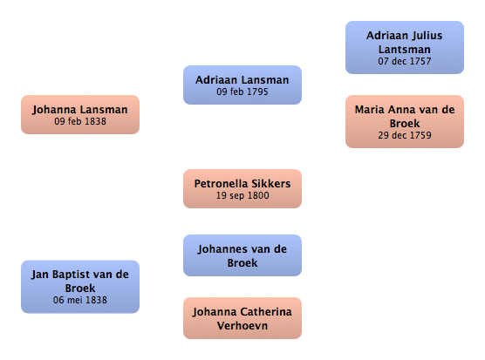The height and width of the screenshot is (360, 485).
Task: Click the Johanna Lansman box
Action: click(x=80, y=115)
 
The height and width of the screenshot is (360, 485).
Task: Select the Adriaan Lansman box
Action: click(x=242, y=85)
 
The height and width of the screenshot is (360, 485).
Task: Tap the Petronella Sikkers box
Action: click(x=242, y=188)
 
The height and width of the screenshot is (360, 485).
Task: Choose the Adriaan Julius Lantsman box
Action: click(x=405, y=48)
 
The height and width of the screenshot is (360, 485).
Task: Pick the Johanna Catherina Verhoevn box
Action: click(x=242, y=318)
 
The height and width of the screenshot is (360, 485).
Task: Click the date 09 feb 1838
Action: click(x=80, y=121)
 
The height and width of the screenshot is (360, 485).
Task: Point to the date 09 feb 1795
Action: click(x=242, y=92)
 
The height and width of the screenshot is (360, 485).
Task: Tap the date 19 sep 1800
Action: click(x=242, y=195)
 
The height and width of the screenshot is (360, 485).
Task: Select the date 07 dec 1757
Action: click(x=405, y=61)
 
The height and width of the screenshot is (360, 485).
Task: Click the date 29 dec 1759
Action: click(x=405, y=135)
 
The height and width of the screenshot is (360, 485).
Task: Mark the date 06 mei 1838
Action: click(x=80, y=300)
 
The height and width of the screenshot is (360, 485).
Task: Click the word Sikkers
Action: click(x=271, y=184)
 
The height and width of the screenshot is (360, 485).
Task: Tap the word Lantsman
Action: click(x=405, y=50)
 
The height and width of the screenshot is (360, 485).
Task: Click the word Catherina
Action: click(x=266, y=312)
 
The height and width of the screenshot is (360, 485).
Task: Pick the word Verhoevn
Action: click(x=242, y=326)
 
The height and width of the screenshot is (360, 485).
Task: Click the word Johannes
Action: click(x=218, y=249)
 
